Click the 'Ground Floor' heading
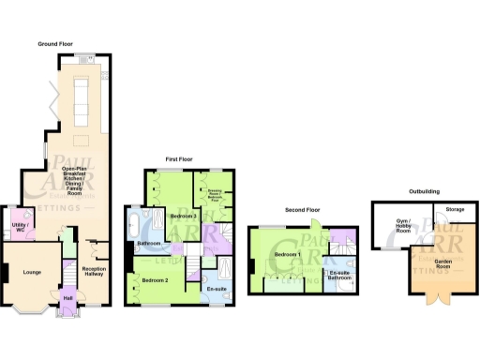point(55,44)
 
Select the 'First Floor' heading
point(179,160)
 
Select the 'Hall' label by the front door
point(67,299)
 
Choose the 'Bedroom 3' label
point(183,217)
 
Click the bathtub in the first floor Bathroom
point(138,226)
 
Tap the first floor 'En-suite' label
point(217,290)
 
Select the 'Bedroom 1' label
point(287,255)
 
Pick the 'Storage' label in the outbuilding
point(455,209)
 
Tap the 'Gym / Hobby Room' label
point(397,228)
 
